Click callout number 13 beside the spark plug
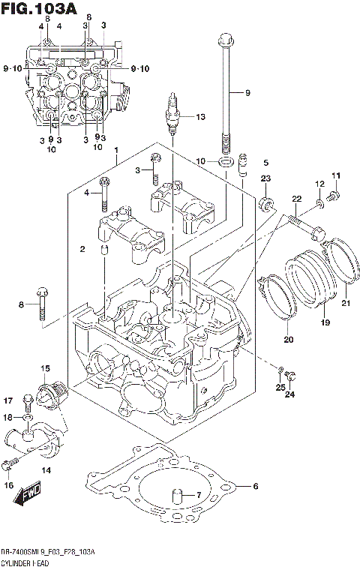(x=199, y=117)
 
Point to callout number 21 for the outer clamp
(x=346, y=303)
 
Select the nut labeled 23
(x=266, y=202)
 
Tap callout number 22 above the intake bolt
(x=297, y=198)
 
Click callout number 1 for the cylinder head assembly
(x=116, y=151)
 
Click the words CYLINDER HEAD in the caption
(x=26, y=562)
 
